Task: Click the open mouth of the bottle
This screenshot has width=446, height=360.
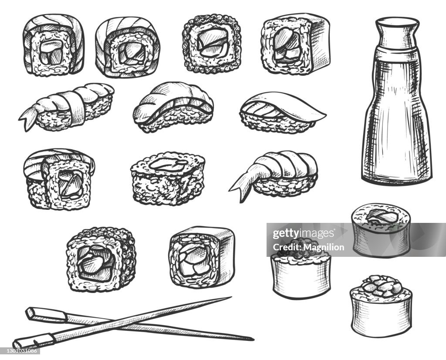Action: (x=397, y=21)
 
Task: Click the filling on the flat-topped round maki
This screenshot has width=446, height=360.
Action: (x=381, y=215)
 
